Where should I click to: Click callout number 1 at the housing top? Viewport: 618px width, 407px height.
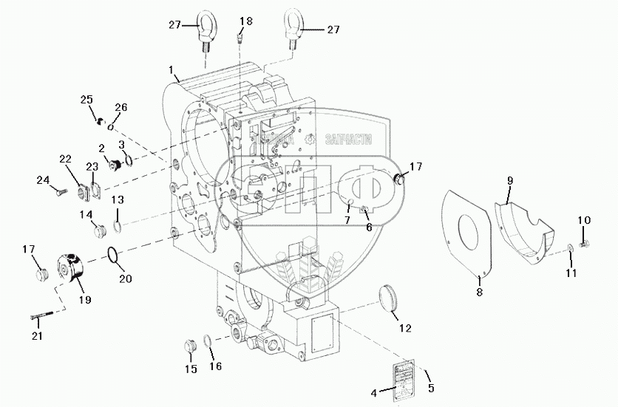click(172, 71)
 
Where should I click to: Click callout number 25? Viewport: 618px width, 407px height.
click(87, 100)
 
